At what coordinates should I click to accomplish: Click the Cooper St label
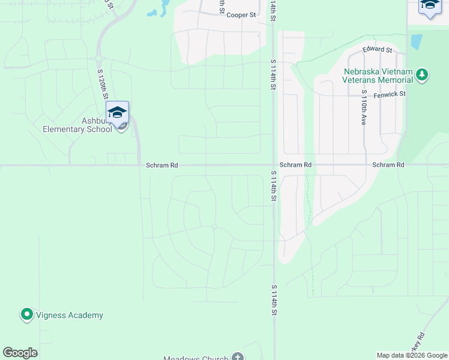(x=241, y=14)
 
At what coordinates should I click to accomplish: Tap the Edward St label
(x=377, y=50)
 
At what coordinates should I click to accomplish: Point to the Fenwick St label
(x=390, y=94)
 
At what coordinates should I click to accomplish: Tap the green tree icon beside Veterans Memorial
(x=423, y=74)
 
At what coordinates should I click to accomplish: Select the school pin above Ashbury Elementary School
(x=118, y=112)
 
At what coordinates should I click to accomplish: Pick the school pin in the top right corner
(x=429, y=5)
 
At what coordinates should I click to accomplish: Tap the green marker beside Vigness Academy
(x=26, y=314)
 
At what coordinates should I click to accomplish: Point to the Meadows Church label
(x=196, y=358)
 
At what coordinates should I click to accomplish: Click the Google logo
(x=20, y=353)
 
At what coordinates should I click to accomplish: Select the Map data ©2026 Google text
(x=412, y=355)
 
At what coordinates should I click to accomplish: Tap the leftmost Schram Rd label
(x=161, y=165)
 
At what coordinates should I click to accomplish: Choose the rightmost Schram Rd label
(x=388, y=165)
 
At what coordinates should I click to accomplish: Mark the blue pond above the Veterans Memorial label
(x=416, y=41)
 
